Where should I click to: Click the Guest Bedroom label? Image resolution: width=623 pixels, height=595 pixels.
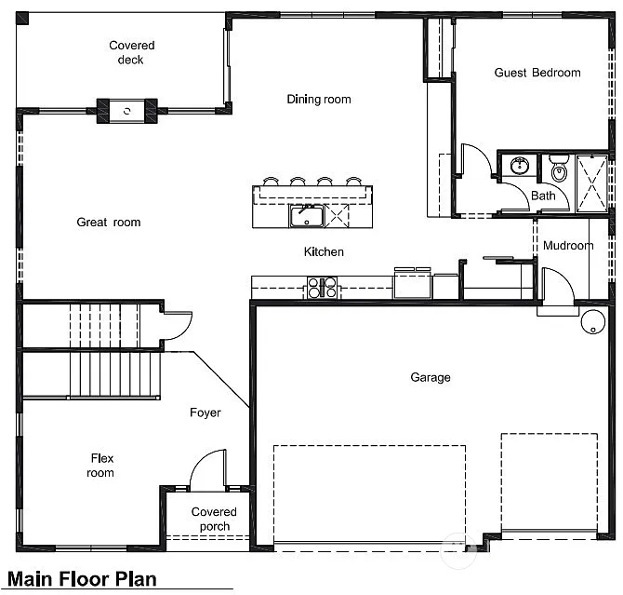(537, 73)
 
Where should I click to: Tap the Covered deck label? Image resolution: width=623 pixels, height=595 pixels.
(131, 53)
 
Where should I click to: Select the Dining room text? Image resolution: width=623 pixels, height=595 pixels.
(318, 100)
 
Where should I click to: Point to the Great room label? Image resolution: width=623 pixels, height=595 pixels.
(109, 222)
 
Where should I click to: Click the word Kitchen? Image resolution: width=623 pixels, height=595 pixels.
(324, 251)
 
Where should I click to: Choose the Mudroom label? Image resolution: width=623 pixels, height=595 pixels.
(567, 246)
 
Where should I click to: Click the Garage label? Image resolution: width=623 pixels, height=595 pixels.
(430, 377)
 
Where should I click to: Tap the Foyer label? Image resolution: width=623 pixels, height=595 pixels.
(205, 412)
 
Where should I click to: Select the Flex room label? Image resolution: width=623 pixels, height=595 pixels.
(101, 465)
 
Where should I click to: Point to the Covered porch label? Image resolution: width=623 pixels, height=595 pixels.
(214, 519)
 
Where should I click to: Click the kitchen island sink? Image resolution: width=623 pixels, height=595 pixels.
(303, 217)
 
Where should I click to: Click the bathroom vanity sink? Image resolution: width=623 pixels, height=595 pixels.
(518, 167)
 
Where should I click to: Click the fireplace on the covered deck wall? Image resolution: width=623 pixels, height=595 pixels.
(127, 111)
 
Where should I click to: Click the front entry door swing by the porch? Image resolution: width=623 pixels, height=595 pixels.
(208, 470)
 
